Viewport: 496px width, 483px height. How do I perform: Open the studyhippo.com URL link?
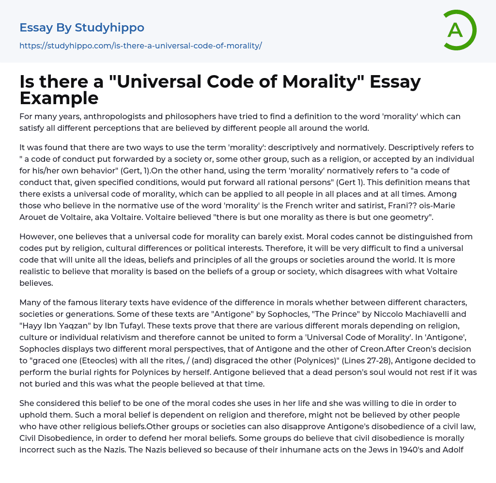click(x=140, y=46)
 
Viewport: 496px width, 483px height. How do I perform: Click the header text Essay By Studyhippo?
click(x=82, y=28)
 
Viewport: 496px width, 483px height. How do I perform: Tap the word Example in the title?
click(x=59, y=98)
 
